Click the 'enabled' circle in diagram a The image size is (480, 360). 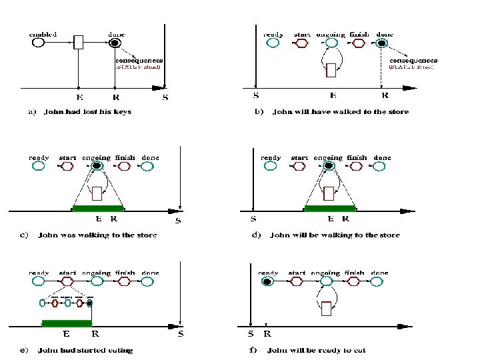pos(38,43)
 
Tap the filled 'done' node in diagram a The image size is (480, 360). pos(115,43)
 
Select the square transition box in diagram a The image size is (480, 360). pos(79,43)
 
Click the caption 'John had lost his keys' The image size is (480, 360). pos(87,111)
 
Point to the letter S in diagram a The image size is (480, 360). pos(166,97)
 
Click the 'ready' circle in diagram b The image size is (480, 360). pos(272,43)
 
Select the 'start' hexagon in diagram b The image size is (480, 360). pos(301,43)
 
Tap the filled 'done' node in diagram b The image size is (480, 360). pos(381,43)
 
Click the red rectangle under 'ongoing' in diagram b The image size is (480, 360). pos(331,70)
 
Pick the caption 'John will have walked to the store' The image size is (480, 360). pos(341,111)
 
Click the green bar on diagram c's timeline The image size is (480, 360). pos(98,209)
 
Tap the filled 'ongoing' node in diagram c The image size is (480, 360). pos(97,166)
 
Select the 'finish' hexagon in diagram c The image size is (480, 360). pos(124,166)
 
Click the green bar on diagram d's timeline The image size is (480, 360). pos(329,209)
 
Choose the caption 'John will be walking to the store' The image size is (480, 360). pos(335,235)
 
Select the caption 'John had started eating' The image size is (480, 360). pos(86,350)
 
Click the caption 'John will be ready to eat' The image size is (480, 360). pos(316,350)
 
